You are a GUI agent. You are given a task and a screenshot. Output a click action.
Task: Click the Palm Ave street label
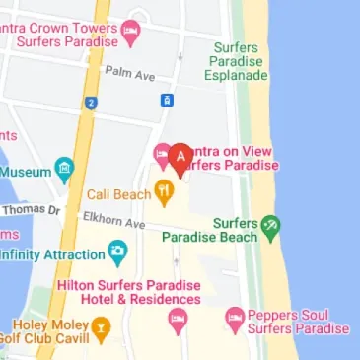pos(130,73)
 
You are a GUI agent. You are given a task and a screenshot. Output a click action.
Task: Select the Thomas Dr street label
pos(32,210)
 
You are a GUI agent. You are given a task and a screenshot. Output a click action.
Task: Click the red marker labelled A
pos(180,155)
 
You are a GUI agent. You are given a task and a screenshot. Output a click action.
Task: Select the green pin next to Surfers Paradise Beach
pos(271,227)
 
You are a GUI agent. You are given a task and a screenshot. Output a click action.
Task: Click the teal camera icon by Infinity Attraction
pos(117,254)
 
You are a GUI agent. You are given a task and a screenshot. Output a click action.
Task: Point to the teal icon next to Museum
pos(64,169)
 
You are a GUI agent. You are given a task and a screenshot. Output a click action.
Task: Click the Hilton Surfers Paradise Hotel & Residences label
pos(128,291)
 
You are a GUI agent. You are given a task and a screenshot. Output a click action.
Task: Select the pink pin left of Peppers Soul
pos(234,318)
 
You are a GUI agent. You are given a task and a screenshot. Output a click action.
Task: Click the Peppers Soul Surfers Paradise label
pos(299,320)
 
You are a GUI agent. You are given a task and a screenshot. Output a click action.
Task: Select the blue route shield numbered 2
pos(90,102)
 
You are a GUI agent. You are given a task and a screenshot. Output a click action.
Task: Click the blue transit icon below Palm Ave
pos(167,101)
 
